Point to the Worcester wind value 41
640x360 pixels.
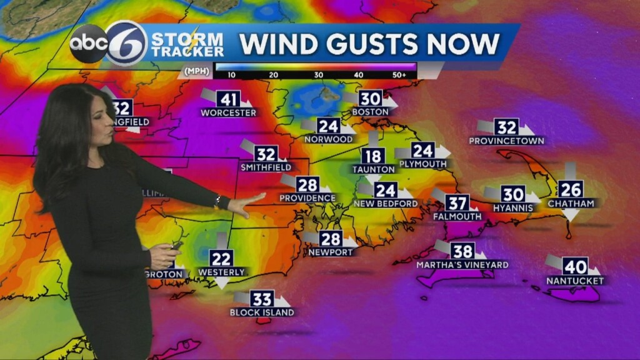229,99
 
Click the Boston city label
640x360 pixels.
370,112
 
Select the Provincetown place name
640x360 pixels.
506,141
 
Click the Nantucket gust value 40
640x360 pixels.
575,266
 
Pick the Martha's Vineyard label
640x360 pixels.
462,265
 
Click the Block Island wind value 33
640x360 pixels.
262,299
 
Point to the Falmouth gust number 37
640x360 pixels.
457,202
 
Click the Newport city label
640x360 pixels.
331,252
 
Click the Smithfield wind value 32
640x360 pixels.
266,154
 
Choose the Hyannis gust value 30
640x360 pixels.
512,194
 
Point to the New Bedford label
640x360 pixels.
386,204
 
